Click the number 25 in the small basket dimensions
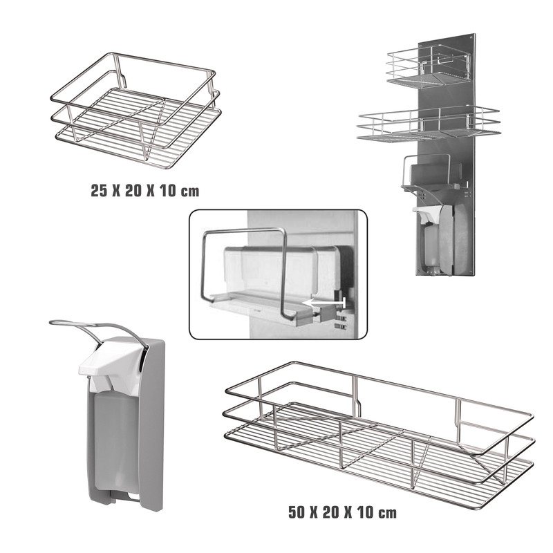99,191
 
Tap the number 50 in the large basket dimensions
297,512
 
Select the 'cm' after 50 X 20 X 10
388,513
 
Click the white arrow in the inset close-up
324,303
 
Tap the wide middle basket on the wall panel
428,124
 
